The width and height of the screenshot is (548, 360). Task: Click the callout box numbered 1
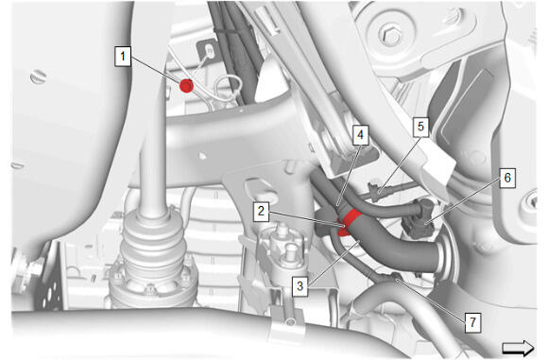tap(123, 57)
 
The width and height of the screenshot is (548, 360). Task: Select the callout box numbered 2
tap(261, 211)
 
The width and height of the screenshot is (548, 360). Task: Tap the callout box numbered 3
tap(300, 286)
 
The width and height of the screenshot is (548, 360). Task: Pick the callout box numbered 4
tap(360, 135)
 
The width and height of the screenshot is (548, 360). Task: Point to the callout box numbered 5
tap(420, 127)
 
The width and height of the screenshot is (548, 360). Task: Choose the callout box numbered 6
tap(507, 178)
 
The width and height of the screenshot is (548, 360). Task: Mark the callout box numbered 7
tap(472, 322)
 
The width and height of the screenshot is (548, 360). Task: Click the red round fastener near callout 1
tap(186, 85)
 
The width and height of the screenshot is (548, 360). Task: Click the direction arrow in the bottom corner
tap(518, 348)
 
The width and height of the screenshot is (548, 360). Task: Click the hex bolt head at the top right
tap(390, 34)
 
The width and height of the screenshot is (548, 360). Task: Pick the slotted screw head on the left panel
tap(39, 77)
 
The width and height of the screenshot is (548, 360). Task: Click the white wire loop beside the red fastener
tap(228, 89)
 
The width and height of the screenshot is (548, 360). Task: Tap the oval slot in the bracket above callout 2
tap(258, 187)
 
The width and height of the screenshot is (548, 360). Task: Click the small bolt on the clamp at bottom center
tap(290, 321)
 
